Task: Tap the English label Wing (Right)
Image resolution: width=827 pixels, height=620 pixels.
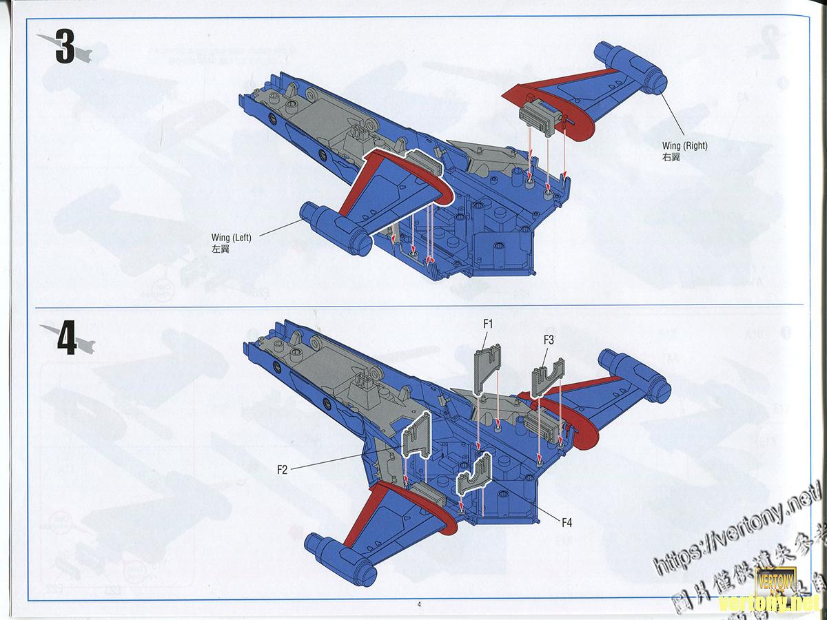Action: pos(684,145)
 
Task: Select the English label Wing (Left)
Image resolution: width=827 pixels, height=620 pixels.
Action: pos(232,238)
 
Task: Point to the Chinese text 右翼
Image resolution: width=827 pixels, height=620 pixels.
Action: pos(671,157)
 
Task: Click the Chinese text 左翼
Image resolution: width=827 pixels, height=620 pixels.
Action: pos(221,249)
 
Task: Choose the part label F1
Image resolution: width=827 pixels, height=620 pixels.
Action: pos(488,323)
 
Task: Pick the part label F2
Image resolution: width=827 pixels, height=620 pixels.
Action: pos(282,470)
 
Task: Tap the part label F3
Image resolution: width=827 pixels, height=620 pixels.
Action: pos(549,339)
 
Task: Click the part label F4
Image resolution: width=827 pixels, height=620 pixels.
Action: pos(566,523)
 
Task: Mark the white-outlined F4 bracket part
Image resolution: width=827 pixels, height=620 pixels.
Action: pos(473,476)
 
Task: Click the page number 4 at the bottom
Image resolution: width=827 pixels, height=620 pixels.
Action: pos(418,605)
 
